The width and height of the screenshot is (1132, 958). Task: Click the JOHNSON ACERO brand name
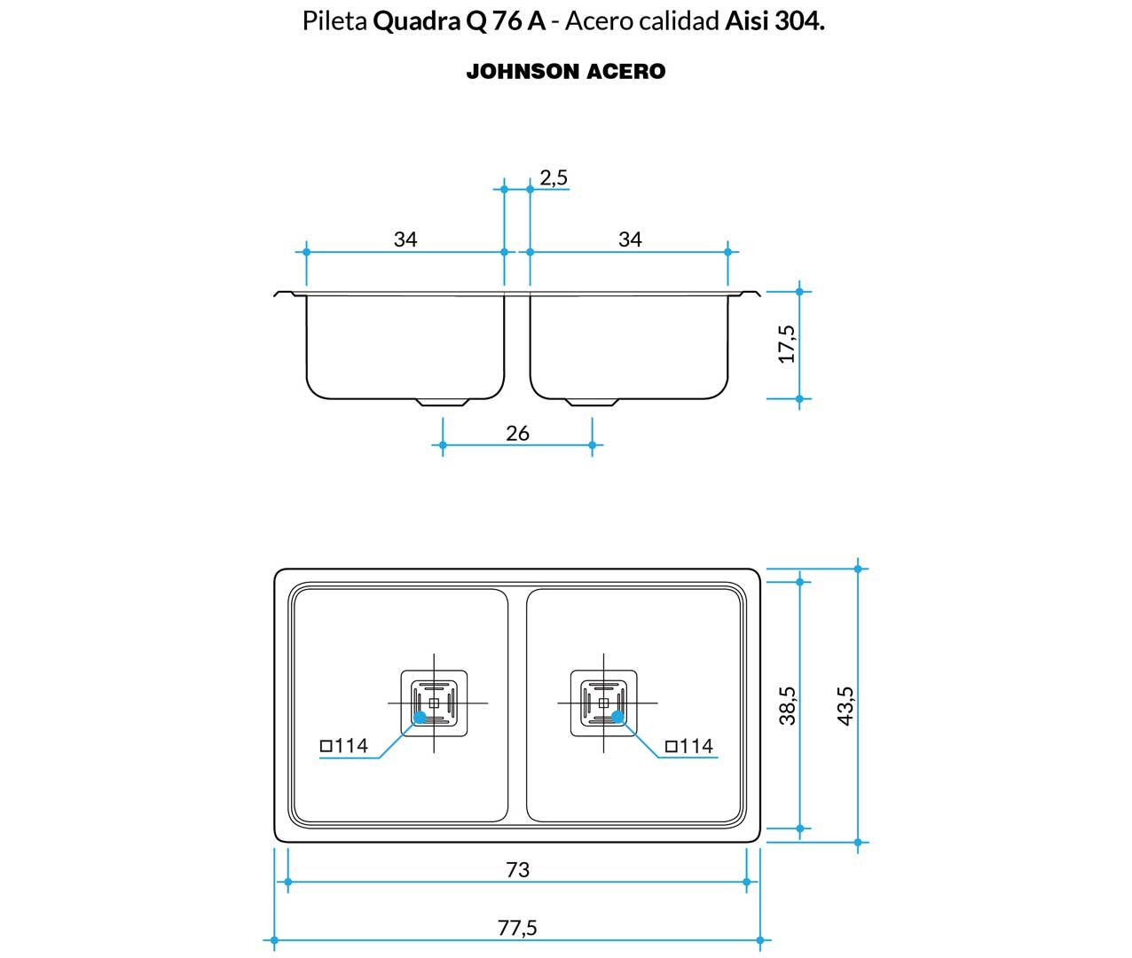(566, 71)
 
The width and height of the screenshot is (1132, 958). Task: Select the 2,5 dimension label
(554, 177)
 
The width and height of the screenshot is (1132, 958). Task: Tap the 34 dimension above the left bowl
(405, 239)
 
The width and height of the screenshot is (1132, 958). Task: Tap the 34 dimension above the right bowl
(630, 239)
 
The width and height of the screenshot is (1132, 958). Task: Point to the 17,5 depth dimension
(787, 344)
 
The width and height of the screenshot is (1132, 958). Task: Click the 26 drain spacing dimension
(517, 433)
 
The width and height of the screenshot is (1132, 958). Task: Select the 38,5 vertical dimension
(788, 705)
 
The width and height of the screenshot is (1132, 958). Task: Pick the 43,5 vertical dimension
(845, 705)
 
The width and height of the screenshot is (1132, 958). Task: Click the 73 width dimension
(517, 869)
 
